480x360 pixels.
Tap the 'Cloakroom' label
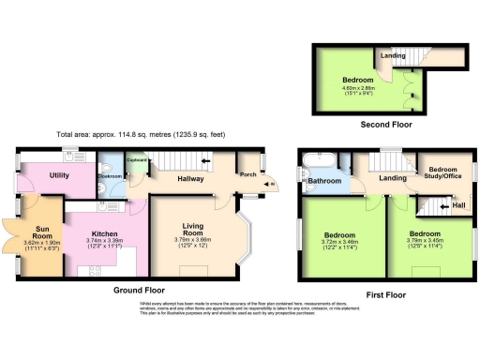[x=112, y=174]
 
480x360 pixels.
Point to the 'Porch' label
[x=248, y=173]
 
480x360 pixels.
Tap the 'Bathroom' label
[x=325, y=181]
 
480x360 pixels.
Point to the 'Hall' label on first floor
[x=458, y=204]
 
